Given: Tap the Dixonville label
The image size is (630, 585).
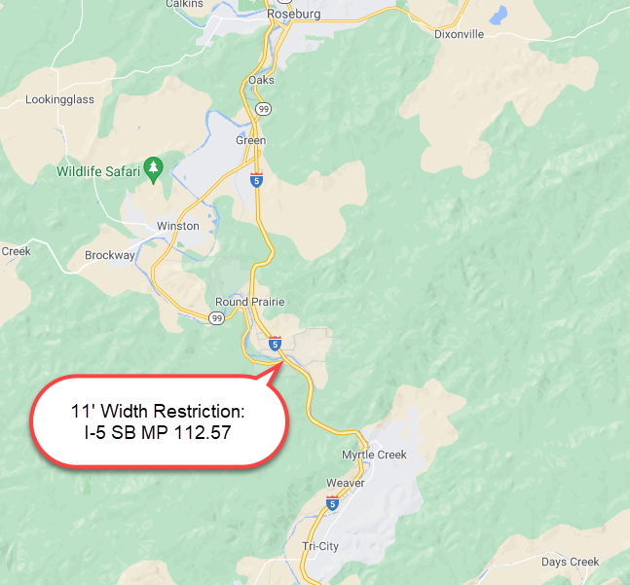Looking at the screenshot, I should pos(460,33).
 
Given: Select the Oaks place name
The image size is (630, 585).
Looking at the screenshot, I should pos(262,80).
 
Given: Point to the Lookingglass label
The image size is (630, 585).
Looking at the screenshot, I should pos(59,99).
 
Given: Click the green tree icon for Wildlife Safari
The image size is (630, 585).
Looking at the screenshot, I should pos(153,168).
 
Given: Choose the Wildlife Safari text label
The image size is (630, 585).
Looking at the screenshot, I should pos(98,172).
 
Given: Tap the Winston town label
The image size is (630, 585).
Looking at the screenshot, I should pos(178,226).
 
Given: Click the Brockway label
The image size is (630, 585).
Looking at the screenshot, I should pos(110,255).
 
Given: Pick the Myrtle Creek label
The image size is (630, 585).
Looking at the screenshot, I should pos(374,455).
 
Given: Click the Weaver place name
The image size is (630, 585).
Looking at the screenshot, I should pos(346,483).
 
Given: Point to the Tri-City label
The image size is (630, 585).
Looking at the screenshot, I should pos(320,546).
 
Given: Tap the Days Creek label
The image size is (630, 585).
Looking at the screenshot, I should pos(571,562).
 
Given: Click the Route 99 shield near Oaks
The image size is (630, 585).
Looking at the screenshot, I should pos(264,108).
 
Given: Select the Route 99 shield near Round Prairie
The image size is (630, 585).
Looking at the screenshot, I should pos(216,318).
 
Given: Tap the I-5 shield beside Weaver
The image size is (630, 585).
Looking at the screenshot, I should pos(333,503).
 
